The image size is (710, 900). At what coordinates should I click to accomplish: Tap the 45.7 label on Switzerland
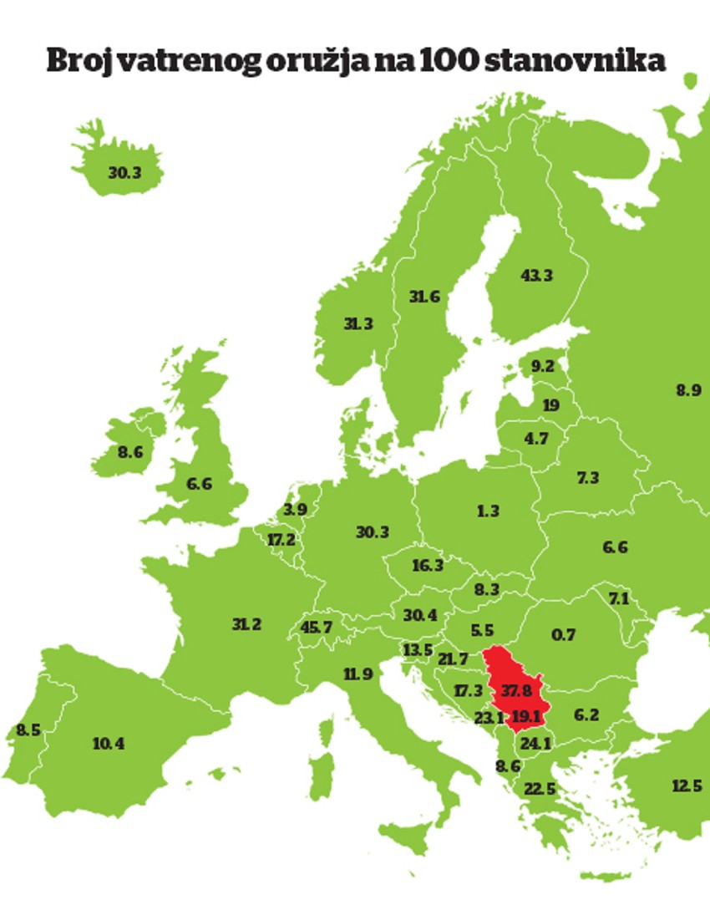tap(316, 627)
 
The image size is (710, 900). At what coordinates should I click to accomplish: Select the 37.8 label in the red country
tap(516, 690)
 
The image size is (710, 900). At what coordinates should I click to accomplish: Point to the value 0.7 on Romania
tap(564, 634)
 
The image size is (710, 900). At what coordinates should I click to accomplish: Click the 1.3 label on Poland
tap(488, 511)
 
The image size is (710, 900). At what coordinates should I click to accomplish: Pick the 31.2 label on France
tap(247, 624)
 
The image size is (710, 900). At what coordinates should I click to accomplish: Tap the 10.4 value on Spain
tap(109, 743)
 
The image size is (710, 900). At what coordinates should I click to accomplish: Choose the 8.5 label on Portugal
tap(28, 730)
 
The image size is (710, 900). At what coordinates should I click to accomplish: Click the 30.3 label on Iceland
tap(124, 173)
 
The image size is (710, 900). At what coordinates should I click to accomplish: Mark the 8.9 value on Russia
tap(689, 389)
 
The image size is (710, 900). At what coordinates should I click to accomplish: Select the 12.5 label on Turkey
tap(686, 786)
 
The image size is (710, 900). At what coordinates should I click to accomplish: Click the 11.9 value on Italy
tap(357, 673)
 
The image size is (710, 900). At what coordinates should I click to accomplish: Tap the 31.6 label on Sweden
tap(424, 297)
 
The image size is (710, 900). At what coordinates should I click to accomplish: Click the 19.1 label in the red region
tap(528, 715)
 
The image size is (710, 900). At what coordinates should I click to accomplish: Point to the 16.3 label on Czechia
tap(428, 566)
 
